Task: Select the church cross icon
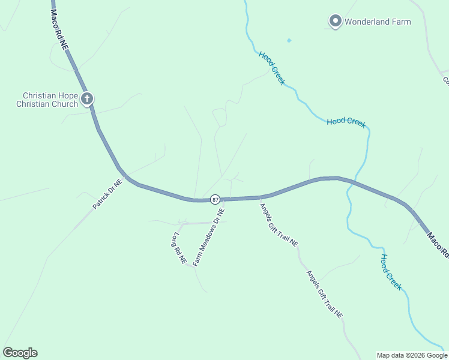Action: point(87,98)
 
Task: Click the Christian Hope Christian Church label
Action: point(50,100)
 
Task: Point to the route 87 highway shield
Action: point(215,199)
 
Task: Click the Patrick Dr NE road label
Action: point(107,194)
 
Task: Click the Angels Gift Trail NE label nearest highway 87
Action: point(279,226)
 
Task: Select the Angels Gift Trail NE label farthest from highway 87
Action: point(325,294)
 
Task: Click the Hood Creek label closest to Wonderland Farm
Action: point(272,68)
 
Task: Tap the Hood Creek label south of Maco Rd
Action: point(391,272)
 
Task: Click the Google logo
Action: point(20,353)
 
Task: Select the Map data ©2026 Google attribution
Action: point(412,355)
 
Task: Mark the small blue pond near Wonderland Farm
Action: point(289,41)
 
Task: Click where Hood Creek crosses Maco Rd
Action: point(354,181)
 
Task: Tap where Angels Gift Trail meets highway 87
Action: point(259,197)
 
